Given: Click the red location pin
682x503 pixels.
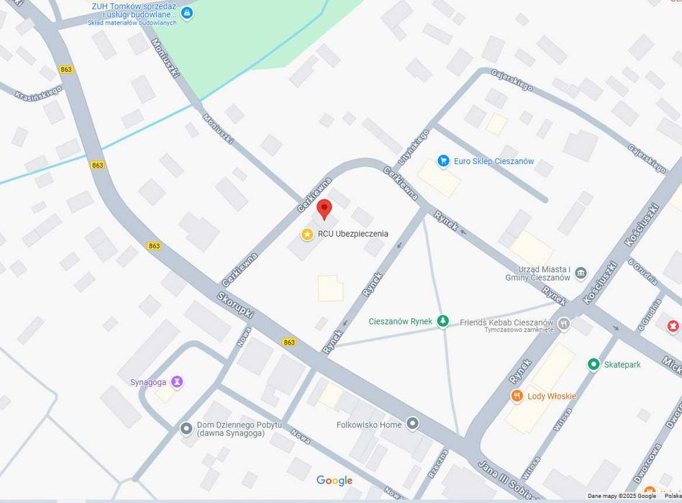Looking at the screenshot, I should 324,209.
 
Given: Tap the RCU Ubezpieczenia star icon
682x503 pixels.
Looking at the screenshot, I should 307,234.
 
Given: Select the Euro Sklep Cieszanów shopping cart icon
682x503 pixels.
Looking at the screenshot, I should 443,161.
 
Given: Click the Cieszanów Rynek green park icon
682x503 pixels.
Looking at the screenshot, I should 443,321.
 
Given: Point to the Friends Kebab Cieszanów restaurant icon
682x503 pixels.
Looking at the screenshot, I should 564,323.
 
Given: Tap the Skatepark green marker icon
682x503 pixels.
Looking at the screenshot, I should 594,364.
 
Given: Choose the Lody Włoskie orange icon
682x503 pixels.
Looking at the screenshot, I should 516,396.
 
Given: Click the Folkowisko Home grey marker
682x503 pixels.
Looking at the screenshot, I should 412,424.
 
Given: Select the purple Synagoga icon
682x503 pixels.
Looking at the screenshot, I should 177,381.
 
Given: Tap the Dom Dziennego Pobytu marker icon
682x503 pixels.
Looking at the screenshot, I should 186,428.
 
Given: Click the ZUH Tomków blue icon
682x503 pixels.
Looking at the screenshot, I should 187,12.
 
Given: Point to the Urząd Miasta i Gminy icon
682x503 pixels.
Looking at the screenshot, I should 581,273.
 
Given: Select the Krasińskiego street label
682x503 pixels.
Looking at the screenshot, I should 37,94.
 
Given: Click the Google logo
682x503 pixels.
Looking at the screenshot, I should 335,481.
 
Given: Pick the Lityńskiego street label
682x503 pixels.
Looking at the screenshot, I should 414,147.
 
